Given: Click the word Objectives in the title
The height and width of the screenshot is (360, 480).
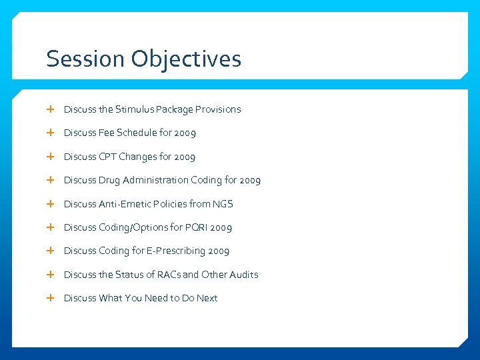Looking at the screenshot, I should coord(186,59).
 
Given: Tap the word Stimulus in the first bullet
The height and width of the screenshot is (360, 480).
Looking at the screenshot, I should coord(135,109).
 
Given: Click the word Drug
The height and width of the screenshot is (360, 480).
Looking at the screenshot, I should coord(109,180).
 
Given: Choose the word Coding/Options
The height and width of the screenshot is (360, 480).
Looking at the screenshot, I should coord(131,227).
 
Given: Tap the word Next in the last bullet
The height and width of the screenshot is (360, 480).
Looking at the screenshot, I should coord(207,298).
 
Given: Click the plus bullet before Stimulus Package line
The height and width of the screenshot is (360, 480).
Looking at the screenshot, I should coord(51,109).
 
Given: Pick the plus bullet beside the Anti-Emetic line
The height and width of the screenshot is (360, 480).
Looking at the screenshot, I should coord(51,204).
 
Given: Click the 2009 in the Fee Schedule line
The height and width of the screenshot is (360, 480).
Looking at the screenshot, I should coord(185,133).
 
